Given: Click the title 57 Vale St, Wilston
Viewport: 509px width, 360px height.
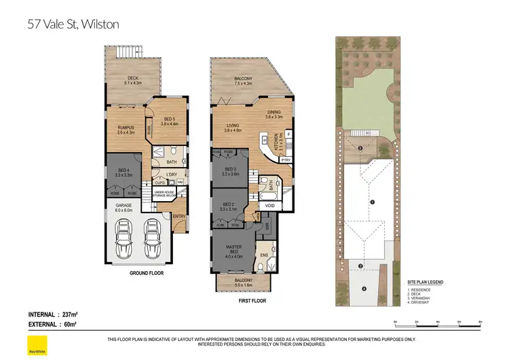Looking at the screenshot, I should click(x=73, y=24).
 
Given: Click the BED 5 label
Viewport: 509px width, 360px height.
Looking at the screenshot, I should click(x=168, y=121).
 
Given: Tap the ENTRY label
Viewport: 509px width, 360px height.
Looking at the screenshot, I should click(x=179, y=217).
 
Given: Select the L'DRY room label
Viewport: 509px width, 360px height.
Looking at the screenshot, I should click(x=172, y=175).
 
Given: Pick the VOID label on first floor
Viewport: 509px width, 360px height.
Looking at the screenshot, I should click(x=269, y=205).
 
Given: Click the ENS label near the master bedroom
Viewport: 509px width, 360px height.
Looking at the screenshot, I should click(x=265, y=255).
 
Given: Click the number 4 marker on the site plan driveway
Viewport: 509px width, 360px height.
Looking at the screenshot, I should click(x=364, y=289).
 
